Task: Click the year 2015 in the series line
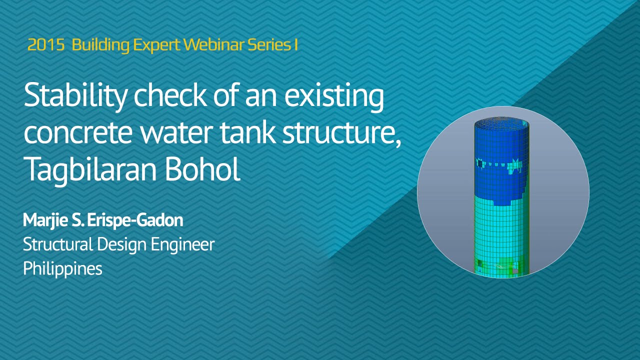pyautogui.click(x=46, y=45)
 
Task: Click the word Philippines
pyautogui.click(x=62, y=268)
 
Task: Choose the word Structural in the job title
pyautogui.click(x=57, y=244)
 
